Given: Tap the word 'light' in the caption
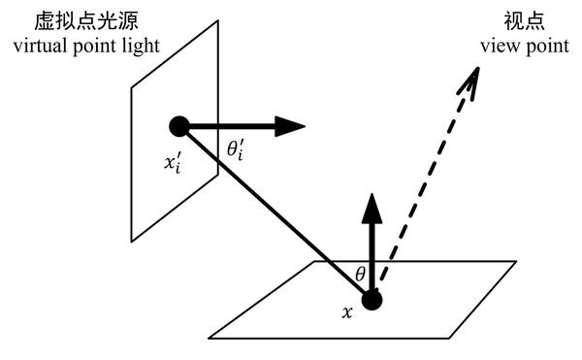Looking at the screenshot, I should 138,46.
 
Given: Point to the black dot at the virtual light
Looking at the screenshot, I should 178,125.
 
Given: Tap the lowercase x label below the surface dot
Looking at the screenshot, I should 345,312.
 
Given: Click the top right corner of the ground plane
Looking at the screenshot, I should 516,261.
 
